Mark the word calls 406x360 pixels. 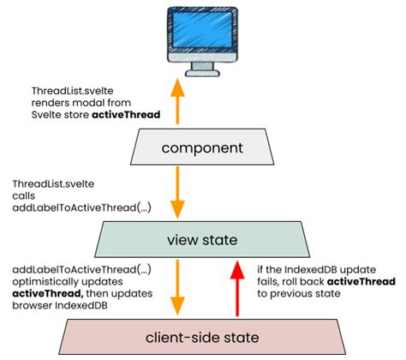(x=25, y=196)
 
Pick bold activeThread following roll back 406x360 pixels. (x=359, y=281)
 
